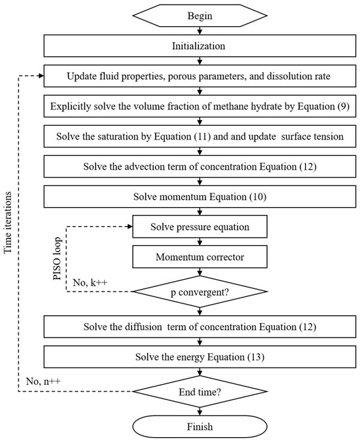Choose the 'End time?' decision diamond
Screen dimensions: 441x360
click(x=200, y=392)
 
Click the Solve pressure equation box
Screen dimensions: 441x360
click(x=200, y=226)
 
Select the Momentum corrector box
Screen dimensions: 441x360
click(x=200, y=257)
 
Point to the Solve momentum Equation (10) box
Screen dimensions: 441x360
click(x=200, y=196)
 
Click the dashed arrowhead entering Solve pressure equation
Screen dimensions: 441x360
click(x=129, y=226)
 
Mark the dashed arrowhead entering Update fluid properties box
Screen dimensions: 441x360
click(x=41, y=76)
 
